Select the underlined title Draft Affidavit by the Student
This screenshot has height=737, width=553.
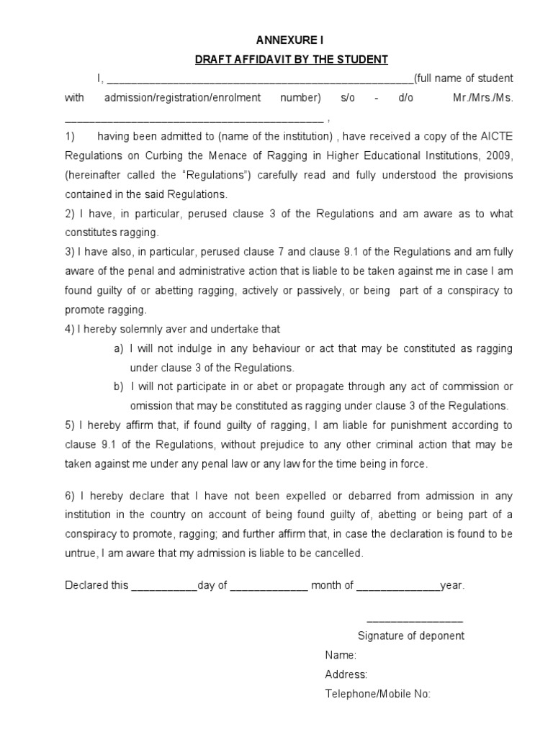pos(292,59)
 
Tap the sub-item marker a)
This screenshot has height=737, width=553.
pos(119,348)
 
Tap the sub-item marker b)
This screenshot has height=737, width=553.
pos(119,387)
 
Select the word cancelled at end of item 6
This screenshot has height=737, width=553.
pos(339,553)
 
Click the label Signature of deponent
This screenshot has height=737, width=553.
pos(410,636)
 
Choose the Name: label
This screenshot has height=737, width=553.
pos(341,655)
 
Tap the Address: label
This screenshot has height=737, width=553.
pos(346,674)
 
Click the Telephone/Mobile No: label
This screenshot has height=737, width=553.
pos(377,694)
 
